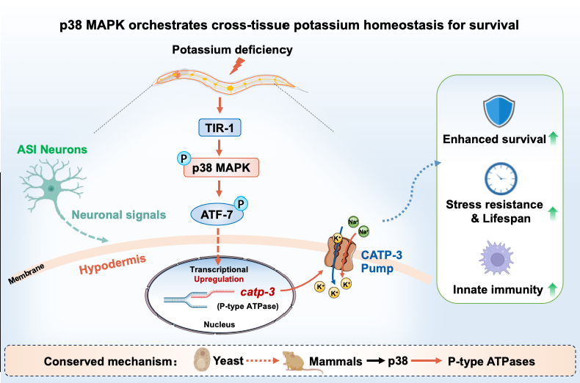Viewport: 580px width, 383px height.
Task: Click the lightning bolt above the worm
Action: pos(237,66)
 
